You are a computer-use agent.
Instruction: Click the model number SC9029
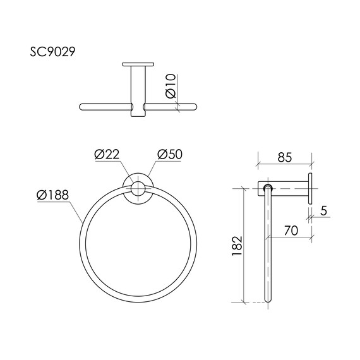point(52,52)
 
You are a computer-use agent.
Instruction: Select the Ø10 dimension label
point(171,86)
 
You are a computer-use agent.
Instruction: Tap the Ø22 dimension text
point(107,154)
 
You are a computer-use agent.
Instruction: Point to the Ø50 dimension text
point(170,154)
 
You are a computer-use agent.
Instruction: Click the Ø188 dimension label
point(52,195)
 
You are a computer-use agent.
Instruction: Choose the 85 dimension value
point(285,157)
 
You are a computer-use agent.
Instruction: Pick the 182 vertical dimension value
point(237,246)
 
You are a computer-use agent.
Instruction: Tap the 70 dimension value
point(291,231)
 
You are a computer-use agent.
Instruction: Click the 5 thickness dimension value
point(323,211)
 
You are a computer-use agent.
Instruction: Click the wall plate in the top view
point(138,64)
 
